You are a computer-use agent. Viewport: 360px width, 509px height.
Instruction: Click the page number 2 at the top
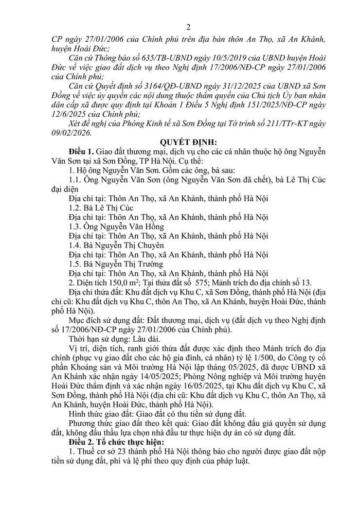(x=180, y=27)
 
